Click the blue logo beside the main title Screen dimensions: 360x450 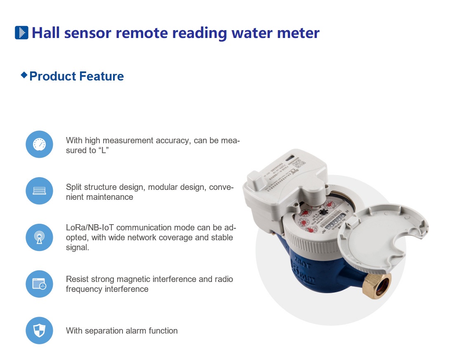21,33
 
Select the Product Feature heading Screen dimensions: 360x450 77,76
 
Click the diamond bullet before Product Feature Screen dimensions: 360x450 24,75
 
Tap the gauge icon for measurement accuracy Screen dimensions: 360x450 39,144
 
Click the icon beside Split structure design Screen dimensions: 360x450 39,191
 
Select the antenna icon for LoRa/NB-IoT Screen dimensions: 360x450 39,237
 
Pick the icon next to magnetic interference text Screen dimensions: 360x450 39,284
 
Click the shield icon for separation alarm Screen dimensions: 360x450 39,331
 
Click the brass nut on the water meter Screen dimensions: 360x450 377,286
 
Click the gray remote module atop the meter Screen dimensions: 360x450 285,178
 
